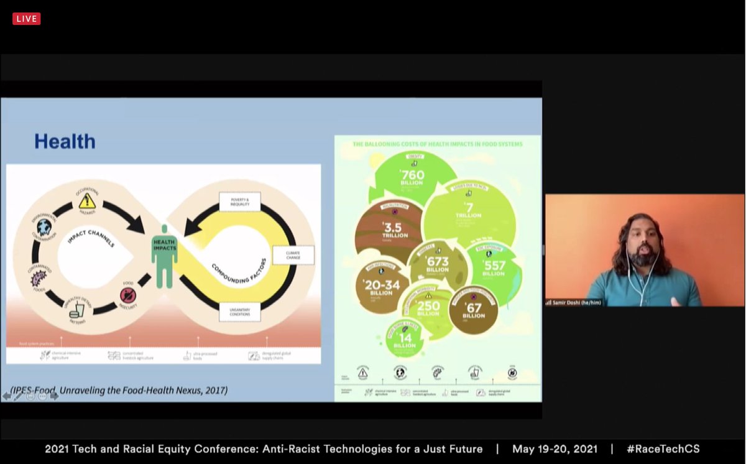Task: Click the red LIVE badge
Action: coord(27,19)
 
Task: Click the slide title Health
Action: coord(65,141)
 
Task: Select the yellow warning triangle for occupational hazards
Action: coord(87,200)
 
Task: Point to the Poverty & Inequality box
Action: coord(239,202)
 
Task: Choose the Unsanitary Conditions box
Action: coord(239,309)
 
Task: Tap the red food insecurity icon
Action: coord(127,295)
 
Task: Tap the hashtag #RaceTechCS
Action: coord(663,448)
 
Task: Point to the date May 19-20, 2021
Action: coord(555,448)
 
